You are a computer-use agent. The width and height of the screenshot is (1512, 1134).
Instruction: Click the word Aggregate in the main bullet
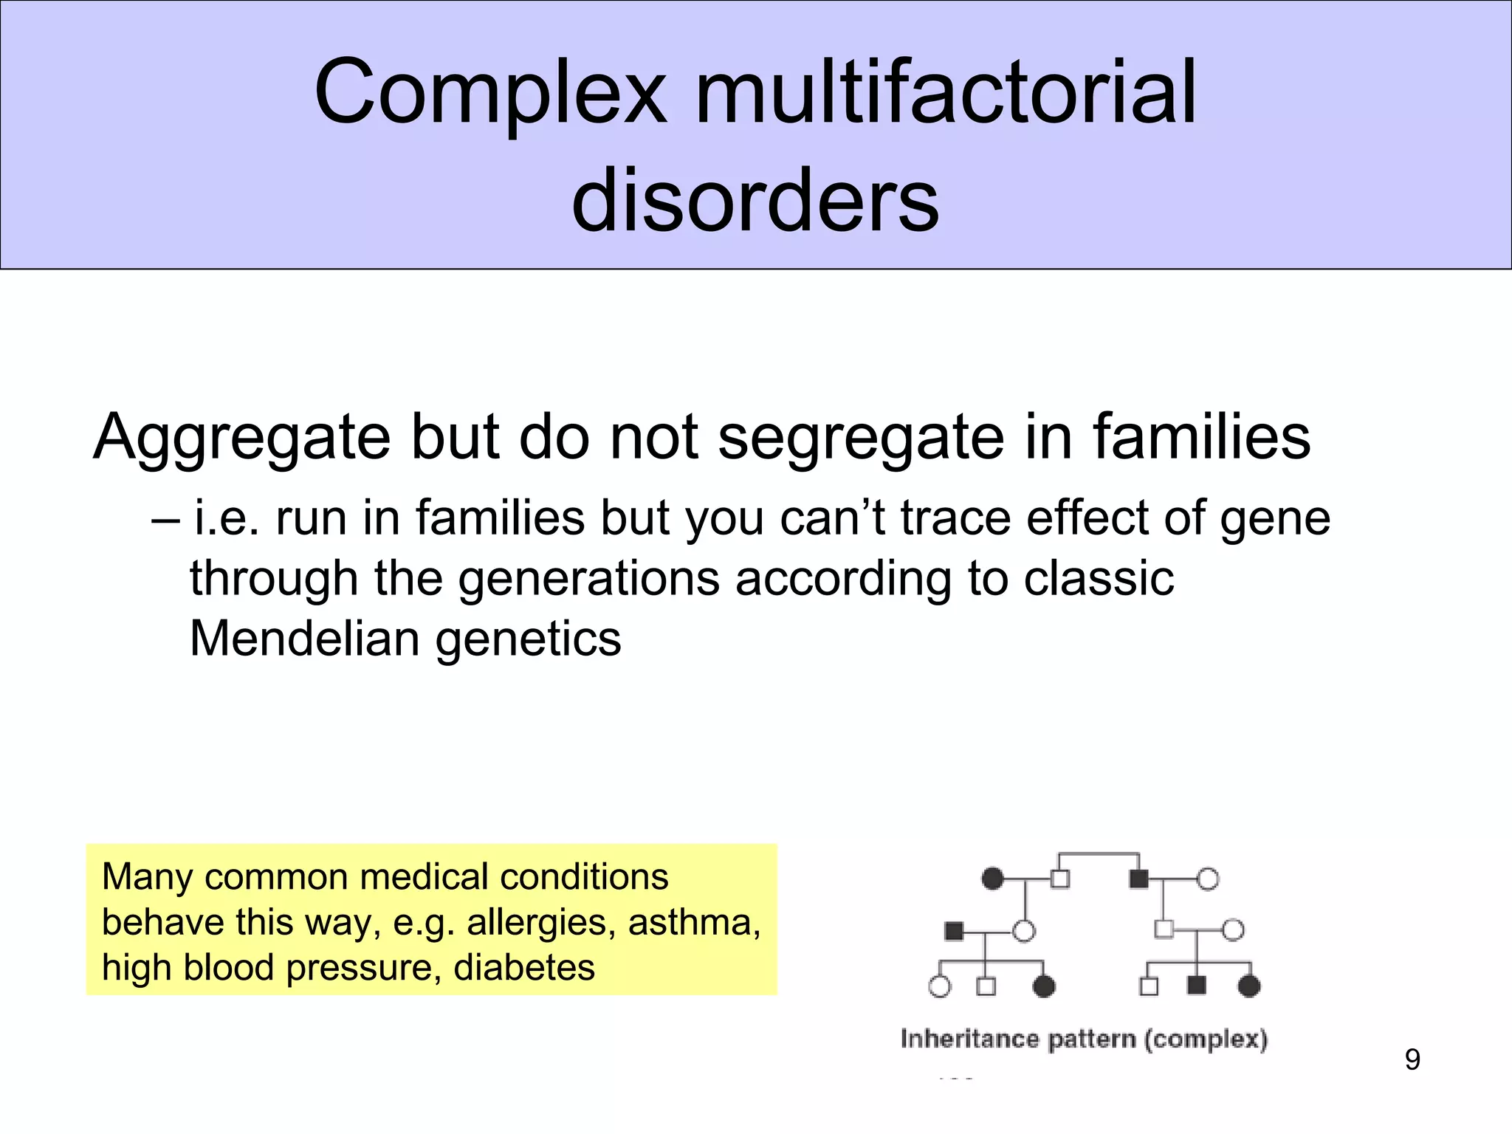coord(241,438)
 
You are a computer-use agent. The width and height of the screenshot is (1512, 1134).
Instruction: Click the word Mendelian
coord(305,638)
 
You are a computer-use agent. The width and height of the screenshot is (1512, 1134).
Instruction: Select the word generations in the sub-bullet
coord(589,578)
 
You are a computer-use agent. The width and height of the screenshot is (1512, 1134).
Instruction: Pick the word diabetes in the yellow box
coord(523,967)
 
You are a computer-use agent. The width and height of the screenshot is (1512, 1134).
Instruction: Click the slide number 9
coord(1412,1060)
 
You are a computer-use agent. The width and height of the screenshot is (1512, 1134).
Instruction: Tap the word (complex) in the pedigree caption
coord(1206,1039)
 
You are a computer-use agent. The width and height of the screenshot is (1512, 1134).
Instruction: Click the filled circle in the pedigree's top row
coord(993,879)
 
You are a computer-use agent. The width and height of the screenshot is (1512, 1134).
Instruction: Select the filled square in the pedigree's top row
coord(1138,879)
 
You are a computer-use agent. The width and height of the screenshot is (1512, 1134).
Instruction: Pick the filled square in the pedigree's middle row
coord(954,931)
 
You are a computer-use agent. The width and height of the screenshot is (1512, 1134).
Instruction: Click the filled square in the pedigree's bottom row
coord(1196,985)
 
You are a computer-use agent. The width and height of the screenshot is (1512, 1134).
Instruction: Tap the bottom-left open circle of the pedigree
coord(939,986)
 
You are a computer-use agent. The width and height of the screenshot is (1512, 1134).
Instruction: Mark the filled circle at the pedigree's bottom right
coord(1248,986)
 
